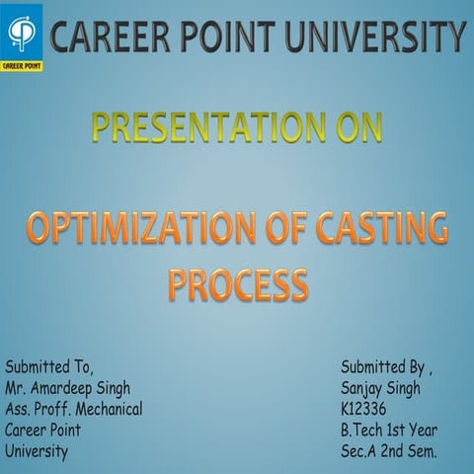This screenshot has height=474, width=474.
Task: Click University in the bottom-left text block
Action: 37,451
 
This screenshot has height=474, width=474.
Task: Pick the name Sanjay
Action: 360,388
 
